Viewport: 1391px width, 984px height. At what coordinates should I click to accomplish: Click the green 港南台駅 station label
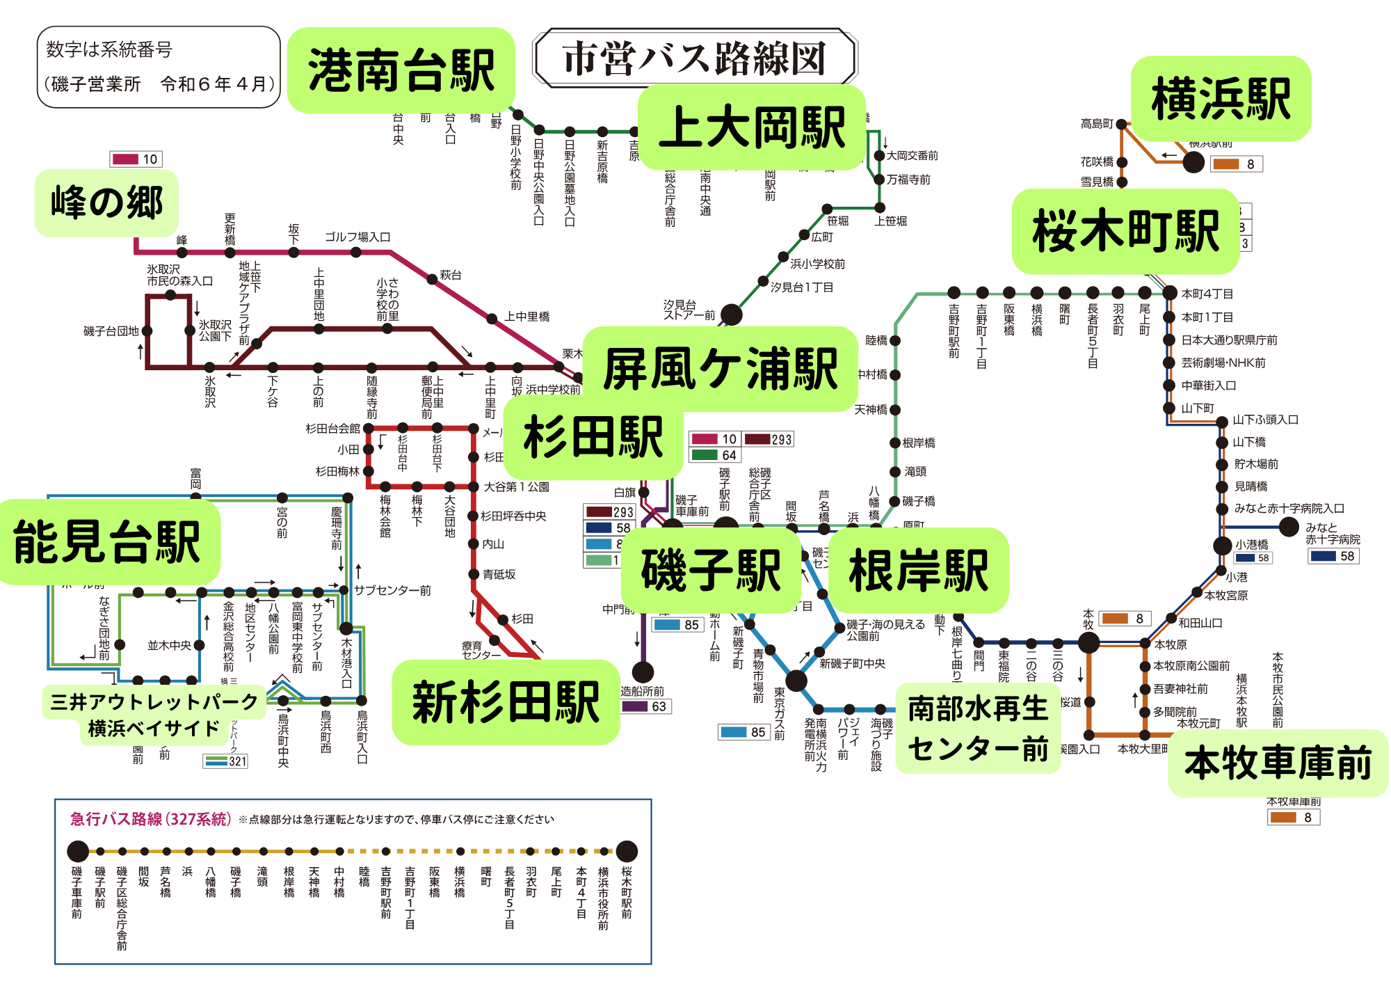(x=401, y=70)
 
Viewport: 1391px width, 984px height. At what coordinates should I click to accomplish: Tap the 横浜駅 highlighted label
(x=1221, y=99)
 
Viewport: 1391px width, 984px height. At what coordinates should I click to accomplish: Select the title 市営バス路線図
(x=694, y=58)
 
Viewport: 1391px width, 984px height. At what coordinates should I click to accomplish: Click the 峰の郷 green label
(x=106, y=203)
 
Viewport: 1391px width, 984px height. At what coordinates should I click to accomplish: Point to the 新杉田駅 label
(x=506, y=702)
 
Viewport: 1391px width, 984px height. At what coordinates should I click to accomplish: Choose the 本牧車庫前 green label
(x=1278, y=763)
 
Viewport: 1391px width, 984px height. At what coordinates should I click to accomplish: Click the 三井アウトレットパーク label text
(x=154, y=701)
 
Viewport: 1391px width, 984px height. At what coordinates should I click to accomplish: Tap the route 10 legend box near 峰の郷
(x=136, y=159)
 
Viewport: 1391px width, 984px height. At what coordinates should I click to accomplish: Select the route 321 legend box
(x=226, y=761)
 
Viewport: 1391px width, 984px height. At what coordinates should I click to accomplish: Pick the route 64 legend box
(x=714, y=455)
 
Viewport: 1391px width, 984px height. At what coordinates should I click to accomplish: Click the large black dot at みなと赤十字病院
(x=1289, y=527)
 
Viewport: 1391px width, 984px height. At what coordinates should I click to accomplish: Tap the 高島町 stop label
(x=1097, y=124)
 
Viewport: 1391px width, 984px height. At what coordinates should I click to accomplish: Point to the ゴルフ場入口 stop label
(x=357, y=237)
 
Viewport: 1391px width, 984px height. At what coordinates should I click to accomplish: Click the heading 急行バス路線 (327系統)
(x=150, y=819)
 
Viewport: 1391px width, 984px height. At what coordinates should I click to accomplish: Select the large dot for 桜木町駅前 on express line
(x=627, y=851)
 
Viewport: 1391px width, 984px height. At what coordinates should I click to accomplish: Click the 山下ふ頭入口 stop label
(x=1265, y=420)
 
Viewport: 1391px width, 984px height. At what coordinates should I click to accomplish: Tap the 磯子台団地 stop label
(x=111, y=331)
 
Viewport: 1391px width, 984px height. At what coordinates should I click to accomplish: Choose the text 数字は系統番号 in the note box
(x=109, y=49)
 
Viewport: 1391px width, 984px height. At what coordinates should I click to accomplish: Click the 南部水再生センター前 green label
(x=977, y=728)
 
